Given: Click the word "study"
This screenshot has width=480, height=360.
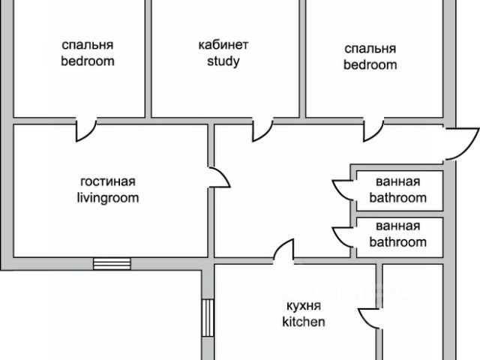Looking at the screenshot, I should [223, 61].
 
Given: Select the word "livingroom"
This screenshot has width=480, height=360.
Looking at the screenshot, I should [108, 198].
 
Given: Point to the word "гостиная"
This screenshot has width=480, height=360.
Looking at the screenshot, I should [108, 181].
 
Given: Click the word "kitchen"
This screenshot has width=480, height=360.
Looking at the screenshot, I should [303, 322].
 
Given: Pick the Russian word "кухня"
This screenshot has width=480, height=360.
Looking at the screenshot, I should [303, 306].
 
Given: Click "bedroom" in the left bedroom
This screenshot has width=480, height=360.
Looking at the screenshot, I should [88, 61].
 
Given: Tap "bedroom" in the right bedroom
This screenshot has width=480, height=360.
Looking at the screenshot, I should [370, 64].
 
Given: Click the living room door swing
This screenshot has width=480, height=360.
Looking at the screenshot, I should [218, 178].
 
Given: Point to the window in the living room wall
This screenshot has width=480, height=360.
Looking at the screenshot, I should [112, 262].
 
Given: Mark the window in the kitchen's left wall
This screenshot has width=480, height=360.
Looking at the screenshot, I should [208, 318].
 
